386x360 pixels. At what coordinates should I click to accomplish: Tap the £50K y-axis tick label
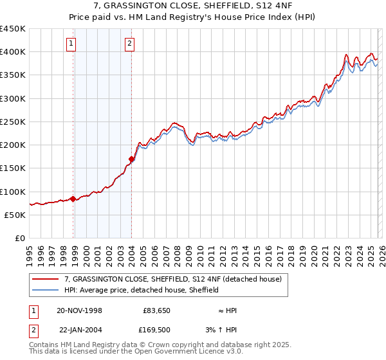(15, 215)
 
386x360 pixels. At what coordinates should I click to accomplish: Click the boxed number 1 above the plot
(70, 44)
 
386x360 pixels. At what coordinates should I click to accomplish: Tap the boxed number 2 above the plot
(129, 44)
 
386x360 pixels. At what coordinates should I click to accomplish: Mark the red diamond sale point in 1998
(73, 199)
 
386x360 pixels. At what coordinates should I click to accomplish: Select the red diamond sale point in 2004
(131, 159)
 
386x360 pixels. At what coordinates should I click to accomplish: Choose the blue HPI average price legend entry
(142, 291)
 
